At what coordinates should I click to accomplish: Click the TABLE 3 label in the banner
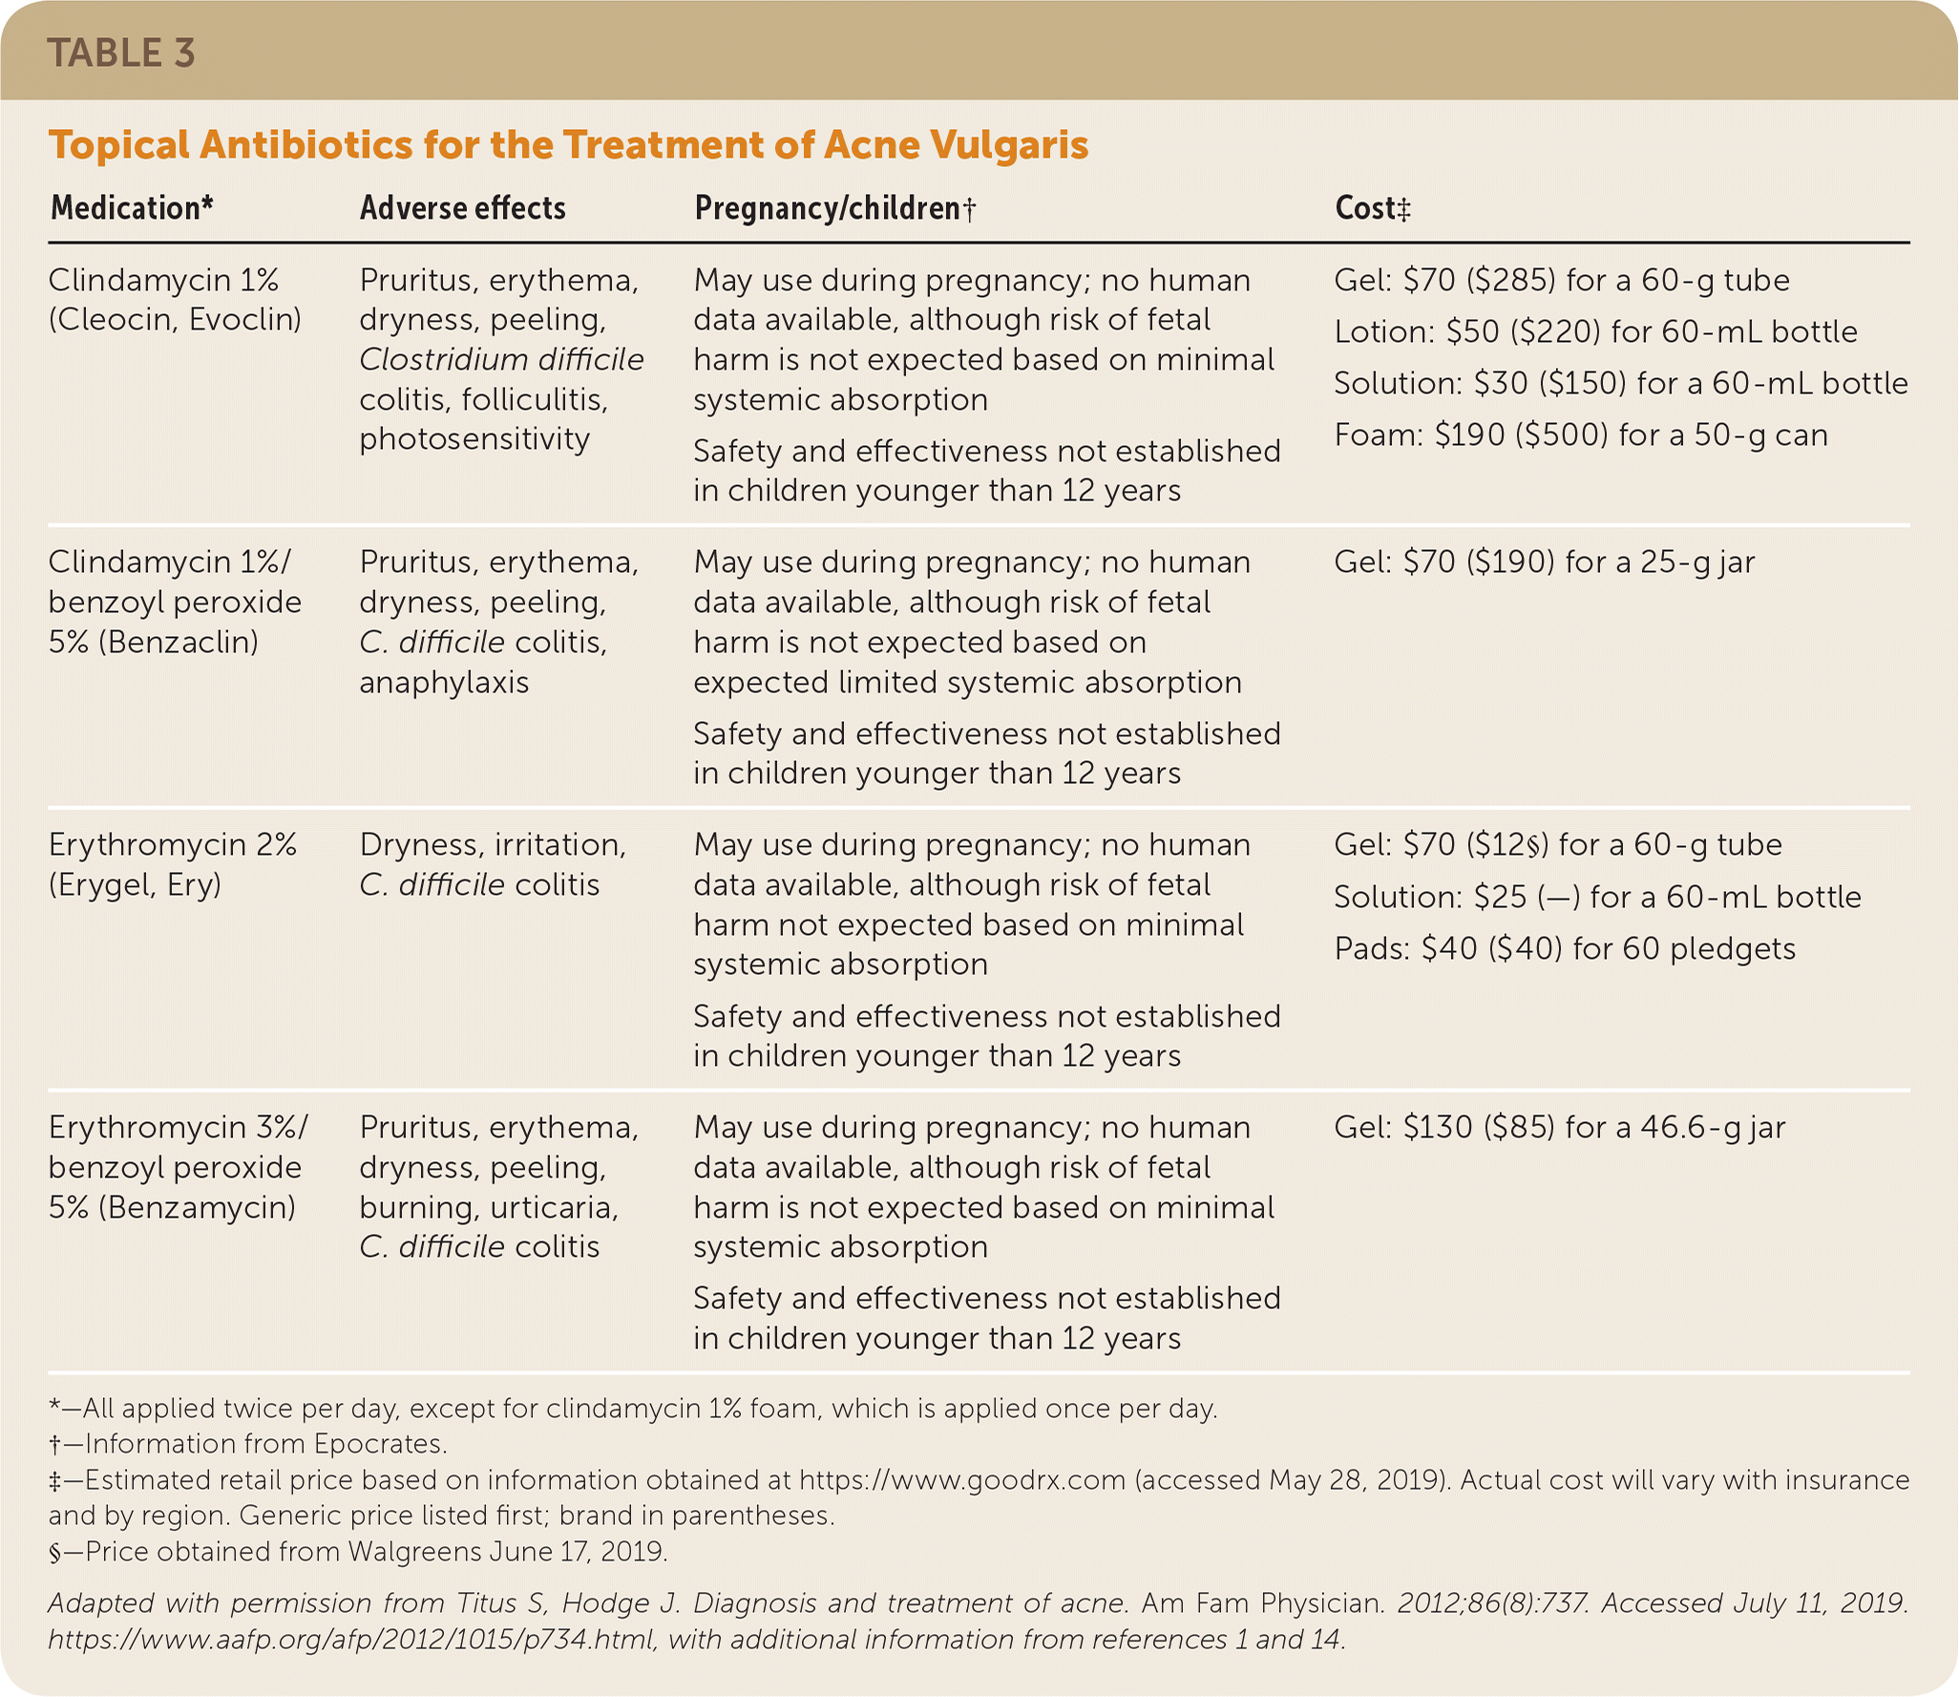[x=121, y=53]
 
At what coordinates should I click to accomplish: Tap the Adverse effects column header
[x=462, y=208]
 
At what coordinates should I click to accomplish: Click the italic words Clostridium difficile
[x=501, y=359]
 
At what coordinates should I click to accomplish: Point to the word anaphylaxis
[x=444, y=682]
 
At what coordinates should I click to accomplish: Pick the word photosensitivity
[x=474, y=438]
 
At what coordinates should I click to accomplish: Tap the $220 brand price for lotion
[x=1555, y=331]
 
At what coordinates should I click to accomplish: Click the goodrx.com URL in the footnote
[x=962, y=1479]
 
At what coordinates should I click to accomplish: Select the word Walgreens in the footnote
[x=414, y=1551]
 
